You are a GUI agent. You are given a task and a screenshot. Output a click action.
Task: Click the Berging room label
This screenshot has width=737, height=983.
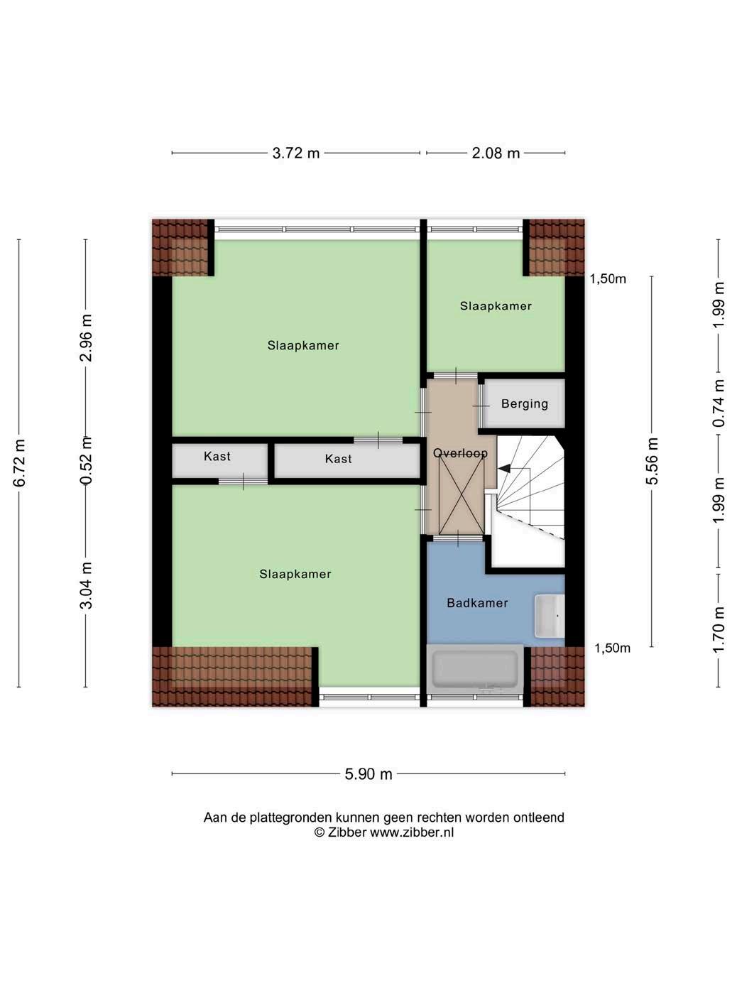525,404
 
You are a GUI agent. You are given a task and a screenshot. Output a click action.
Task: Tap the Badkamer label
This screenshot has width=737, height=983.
477,603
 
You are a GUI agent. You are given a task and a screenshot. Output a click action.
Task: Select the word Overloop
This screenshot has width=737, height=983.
460,452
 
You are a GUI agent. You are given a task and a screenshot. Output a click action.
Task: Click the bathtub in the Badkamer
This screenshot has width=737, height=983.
475,669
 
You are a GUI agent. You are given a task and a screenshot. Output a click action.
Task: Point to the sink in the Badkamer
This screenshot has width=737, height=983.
550,616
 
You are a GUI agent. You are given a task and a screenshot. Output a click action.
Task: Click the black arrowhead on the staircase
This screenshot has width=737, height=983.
504,469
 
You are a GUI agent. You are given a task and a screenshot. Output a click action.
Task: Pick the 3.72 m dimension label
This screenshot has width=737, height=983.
296,153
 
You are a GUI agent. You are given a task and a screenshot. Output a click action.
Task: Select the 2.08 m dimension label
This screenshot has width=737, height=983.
496,153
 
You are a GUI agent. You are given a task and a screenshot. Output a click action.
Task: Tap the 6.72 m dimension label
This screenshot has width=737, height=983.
19,463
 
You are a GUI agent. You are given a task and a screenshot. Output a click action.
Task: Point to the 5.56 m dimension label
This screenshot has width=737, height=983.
652,461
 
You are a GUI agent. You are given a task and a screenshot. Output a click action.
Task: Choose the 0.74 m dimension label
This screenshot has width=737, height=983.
719,403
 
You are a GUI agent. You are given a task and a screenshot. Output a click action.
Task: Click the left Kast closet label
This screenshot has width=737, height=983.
217,457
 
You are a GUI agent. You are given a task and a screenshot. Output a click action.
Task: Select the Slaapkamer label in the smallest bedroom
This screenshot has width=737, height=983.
496,306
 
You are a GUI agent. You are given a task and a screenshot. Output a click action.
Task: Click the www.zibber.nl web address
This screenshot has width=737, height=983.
412,832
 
